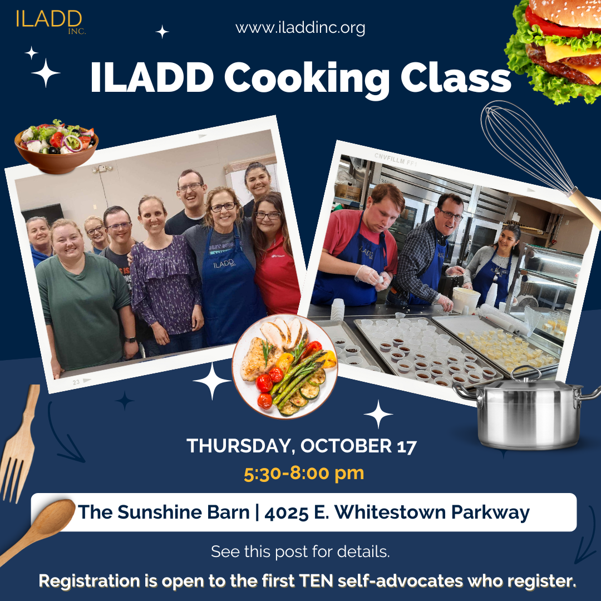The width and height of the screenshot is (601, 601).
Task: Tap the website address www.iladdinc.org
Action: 300,28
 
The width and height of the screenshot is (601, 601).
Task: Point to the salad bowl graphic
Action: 56,146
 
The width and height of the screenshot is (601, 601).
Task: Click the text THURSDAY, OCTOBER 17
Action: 302,446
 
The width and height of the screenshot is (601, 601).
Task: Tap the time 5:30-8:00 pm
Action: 304,473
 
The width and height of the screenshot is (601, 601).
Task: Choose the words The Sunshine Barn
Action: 164,512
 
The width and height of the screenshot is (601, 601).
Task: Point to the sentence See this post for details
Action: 300,552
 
